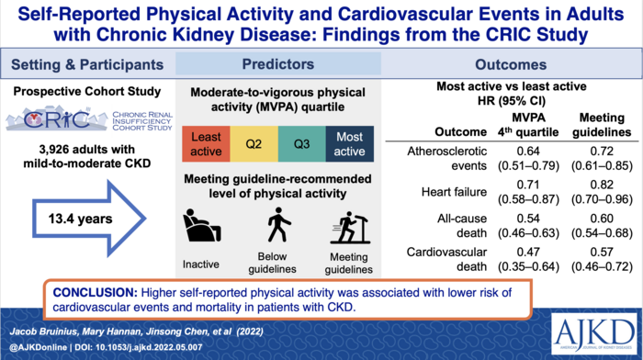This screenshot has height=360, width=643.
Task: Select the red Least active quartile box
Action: [209, 145]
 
